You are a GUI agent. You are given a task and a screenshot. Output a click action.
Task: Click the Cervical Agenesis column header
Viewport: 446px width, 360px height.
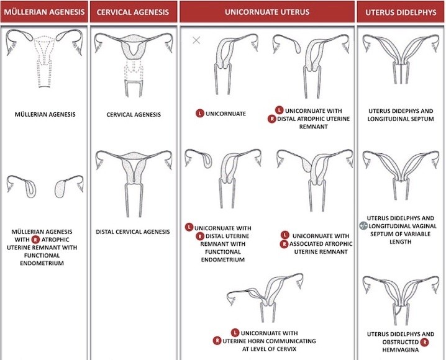132,12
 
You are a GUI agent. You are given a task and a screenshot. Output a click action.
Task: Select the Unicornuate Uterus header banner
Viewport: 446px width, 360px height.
266,12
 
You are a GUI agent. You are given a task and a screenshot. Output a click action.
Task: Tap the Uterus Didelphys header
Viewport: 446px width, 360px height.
400,12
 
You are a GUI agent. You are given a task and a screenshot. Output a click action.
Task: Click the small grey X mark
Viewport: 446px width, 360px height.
196,40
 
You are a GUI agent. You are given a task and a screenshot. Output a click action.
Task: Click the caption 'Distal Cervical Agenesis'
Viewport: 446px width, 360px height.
133,232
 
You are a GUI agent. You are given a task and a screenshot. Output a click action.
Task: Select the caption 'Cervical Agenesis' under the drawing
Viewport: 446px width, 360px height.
133,115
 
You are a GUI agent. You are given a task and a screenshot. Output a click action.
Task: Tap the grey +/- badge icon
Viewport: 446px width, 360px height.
364,226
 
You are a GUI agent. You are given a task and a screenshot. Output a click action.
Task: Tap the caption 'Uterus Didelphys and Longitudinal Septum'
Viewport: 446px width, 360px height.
400,119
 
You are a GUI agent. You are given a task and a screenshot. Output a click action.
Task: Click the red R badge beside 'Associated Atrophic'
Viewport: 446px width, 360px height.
284,243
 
